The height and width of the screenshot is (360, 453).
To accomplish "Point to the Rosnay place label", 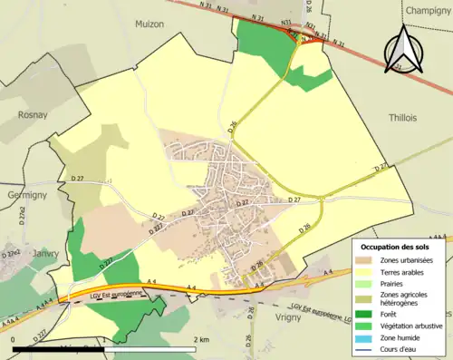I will click(x=34, y=115).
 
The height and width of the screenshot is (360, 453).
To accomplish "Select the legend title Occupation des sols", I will click(x=394, y=248).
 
